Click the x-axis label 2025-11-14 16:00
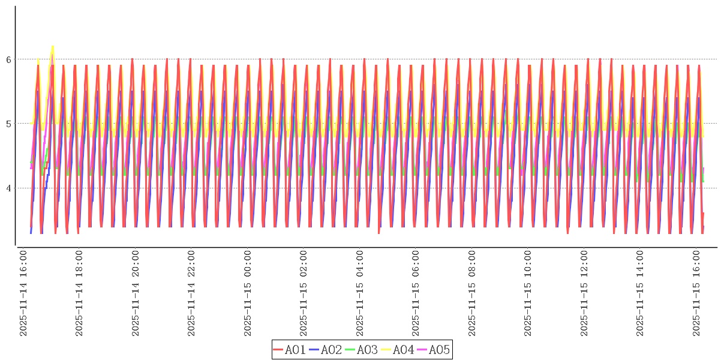pyautogui.click(x=24, y=294)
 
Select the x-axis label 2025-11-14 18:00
pyautogui.click(x=80, y=294)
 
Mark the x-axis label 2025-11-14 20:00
pyautogui.click(x=136, y=294)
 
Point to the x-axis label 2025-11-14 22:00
pyautogui.click(x=191, y=294)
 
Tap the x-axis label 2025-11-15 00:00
pyautogui.click(x=248, y=294)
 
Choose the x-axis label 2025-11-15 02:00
pyautogui.click(x=304, y=294)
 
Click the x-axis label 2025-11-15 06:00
pyautogui.click(x=416, y=294)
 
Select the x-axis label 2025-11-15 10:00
pyautogui.click(x=528, y=294)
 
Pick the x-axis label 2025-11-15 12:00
pyautogui.click(x=584, y=294)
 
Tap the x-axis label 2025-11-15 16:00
pyautogui.click(x=696, y=294)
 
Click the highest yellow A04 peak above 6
pyautogui.click(x=53, y=46)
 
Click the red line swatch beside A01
pyautogui.click(x=278, y=350)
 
